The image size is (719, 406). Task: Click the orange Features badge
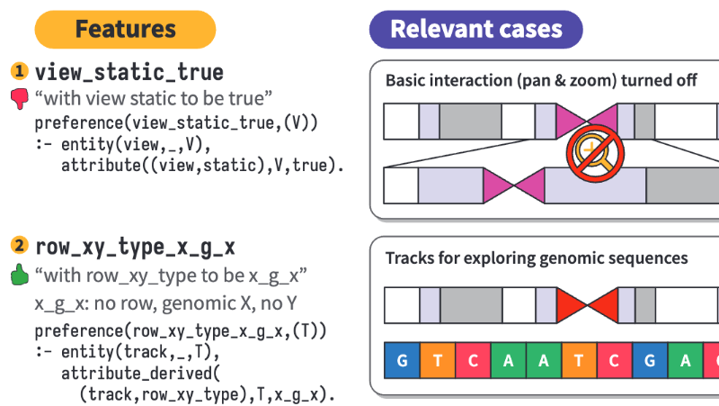tap(125, 29)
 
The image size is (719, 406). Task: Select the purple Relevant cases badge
tap(475, 29)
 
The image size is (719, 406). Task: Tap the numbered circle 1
tap(19, 71)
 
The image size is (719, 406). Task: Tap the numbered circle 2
tap(19, 245)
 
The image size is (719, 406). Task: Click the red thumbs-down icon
tap(19, 97)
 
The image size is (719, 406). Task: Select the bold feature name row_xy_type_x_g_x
tap(135, 245)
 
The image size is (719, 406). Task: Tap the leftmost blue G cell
tap(402, 361)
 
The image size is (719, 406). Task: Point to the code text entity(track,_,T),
tap(121, 351)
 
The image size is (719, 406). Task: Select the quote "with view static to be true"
tap(154, 96)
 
